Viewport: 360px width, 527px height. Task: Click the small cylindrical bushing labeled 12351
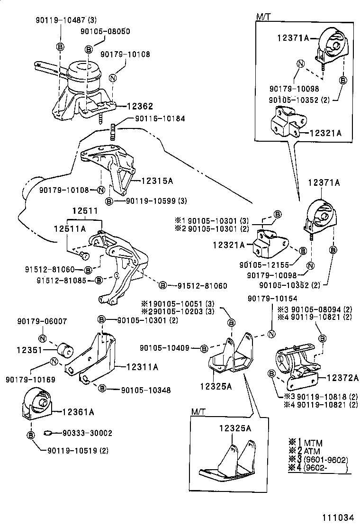point(64,351)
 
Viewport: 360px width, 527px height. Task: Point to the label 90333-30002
point(87,433)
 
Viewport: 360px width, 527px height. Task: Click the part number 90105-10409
point(164,348)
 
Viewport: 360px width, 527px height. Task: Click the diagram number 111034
point(338,517)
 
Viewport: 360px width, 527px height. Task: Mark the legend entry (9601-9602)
point(323,460)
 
